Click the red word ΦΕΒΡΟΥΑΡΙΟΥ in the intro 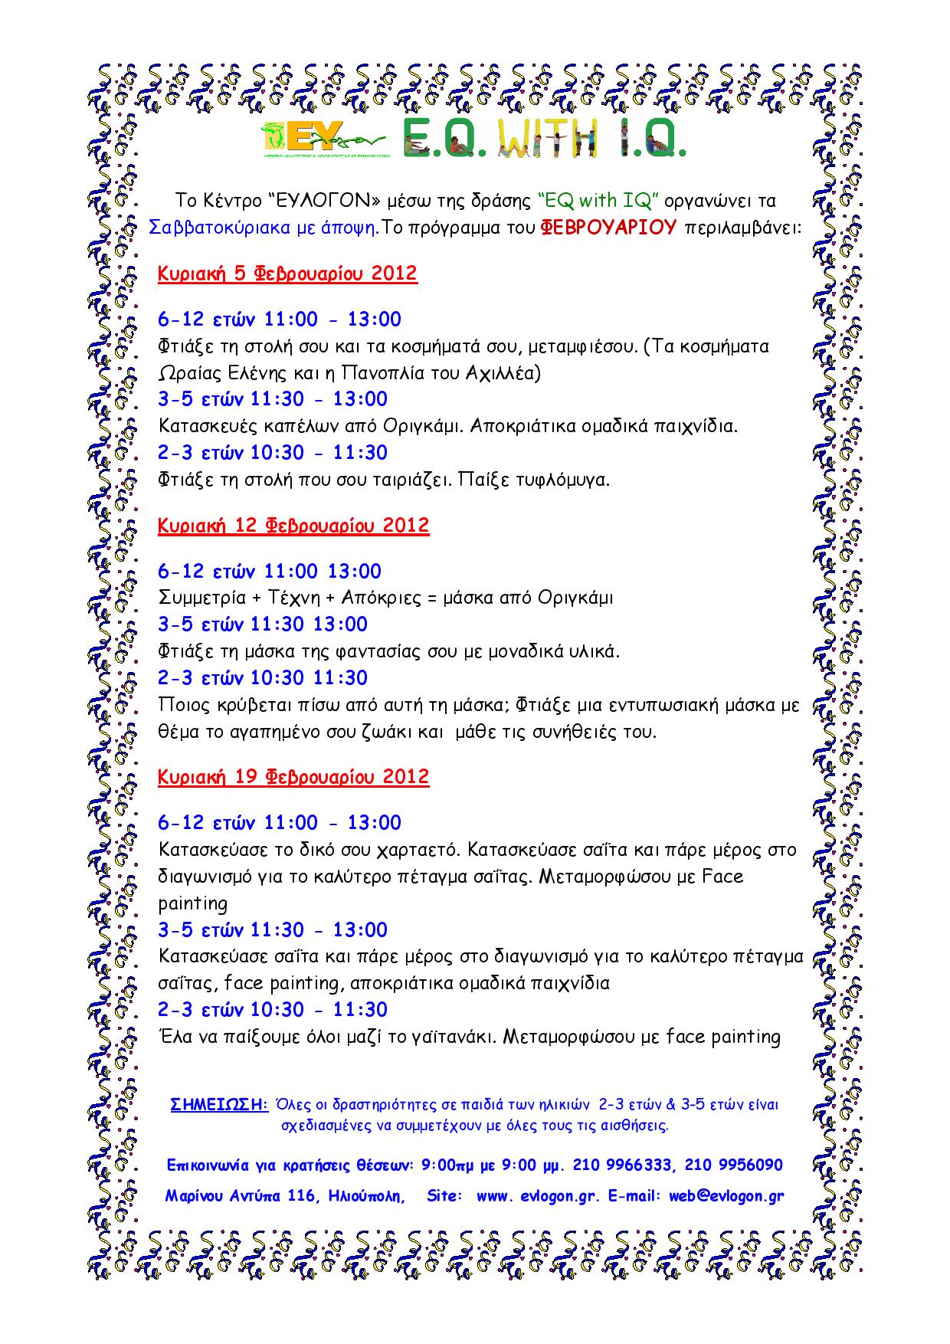[x=609, y=228]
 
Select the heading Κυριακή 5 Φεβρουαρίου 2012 [x=287, y=274]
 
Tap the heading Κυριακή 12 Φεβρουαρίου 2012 [x=293, y=526]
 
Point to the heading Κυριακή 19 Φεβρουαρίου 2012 [x=293, y=777]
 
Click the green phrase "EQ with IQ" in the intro [x=598, y=201]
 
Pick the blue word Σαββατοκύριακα [x=211, y=228]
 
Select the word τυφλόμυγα [x=568, y=480]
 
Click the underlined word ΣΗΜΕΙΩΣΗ [x=218, y=1105]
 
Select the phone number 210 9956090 [x=733, y=1165]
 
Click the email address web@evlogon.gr [x=726, y=1196]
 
